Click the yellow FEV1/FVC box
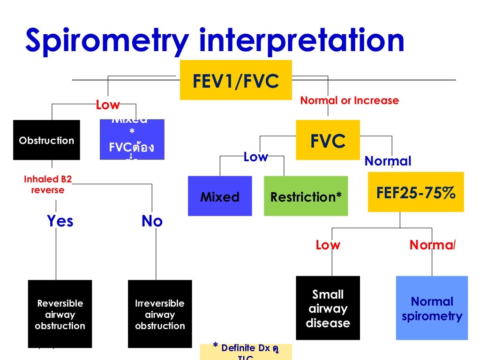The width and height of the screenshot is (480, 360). click(236, 80)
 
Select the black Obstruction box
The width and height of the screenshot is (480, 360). click(46, 140)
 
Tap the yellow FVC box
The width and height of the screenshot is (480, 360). click(328, 141)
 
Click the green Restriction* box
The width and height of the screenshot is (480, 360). click(306, 196)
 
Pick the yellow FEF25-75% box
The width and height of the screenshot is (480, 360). click(416, 192)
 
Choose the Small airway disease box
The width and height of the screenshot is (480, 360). click(328, 308)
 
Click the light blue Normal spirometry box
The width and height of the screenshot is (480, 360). click(432, 308)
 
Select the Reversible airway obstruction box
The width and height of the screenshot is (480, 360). click(60, 314)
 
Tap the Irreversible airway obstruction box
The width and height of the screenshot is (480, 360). click(160, 314)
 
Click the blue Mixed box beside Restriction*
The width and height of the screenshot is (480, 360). click(220, 196)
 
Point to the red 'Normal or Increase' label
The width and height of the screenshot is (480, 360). click(349, 100)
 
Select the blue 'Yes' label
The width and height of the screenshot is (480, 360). click(60, 221)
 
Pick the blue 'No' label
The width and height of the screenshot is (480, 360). click(152, 221)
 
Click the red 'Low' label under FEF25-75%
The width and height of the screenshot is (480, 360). click(328, 245)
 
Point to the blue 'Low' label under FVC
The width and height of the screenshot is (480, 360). click(255, 157)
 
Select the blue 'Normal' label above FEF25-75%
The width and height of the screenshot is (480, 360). click(388, 161)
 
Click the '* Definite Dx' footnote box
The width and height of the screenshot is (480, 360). click(246, 351)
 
